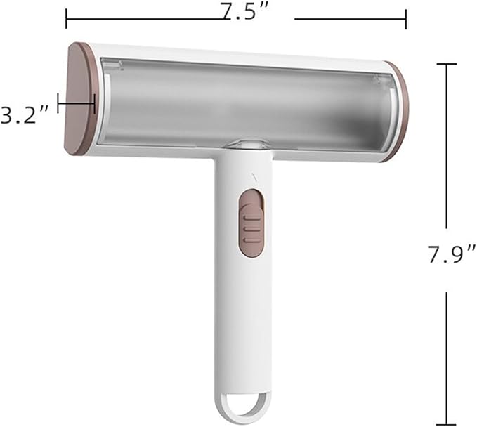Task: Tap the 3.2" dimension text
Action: coord(25,115)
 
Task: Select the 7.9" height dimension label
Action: coord(452,254)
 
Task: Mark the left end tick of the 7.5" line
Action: coord(66,19)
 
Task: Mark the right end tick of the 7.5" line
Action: coord(406,19)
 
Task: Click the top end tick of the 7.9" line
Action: coord(447,64)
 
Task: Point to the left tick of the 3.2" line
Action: coord(58,103)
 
